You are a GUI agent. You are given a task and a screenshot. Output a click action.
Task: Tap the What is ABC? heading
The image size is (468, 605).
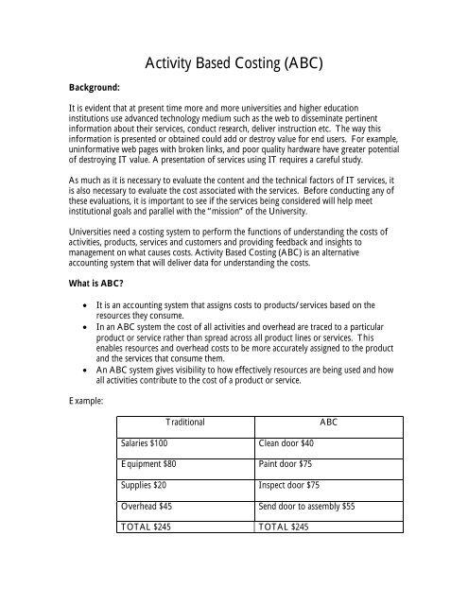70,281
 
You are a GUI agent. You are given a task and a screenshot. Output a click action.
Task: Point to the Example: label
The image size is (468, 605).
56,401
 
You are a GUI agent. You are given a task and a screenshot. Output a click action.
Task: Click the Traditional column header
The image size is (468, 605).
184,422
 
